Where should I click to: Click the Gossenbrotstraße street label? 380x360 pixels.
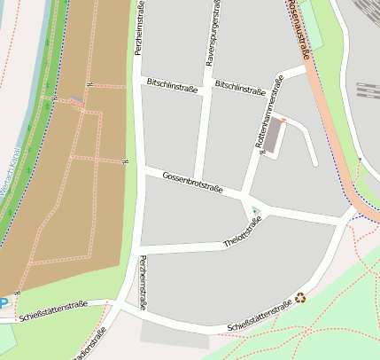coord(192,183)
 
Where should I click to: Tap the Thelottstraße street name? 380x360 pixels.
coord(243,232)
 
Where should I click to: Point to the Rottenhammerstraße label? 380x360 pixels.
coord(268,113)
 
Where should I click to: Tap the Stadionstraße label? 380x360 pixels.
coord(93,343)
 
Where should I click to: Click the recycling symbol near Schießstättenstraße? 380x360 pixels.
coord(300,298)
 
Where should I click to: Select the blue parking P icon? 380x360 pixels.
coord(4,301)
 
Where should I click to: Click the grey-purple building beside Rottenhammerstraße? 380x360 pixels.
coord(276,136)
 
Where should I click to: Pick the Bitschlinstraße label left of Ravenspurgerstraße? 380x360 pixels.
coord(171,85)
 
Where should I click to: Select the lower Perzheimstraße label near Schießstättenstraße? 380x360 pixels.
coord(143,282)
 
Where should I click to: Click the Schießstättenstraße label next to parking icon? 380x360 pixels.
coord(53,309)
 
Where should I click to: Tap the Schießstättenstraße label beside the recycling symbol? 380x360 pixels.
coord(260,317)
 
